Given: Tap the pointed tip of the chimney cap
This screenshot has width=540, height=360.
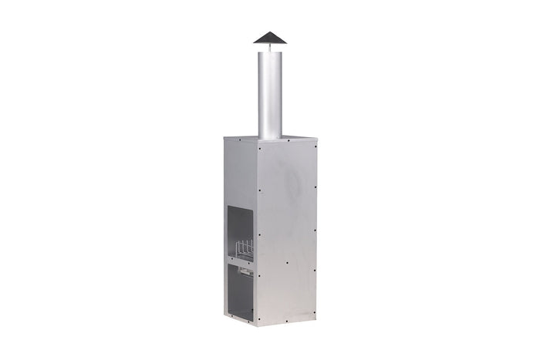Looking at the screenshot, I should pyautogui.click(x=270, y=32).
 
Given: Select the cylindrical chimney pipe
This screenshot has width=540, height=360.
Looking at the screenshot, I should pyautogui.click(x=270, y=93).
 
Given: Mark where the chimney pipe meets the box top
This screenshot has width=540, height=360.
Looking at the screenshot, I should pyautogui.click(x=270, y=138).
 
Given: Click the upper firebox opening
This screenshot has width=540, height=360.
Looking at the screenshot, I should pyautogui.click(x=241, y=224).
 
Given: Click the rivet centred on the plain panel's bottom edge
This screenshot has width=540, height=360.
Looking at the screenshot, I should pyautogui.click(x=286, y=318).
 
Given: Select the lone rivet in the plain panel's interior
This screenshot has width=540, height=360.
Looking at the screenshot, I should pyautogui.click(x=287, y=262).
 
